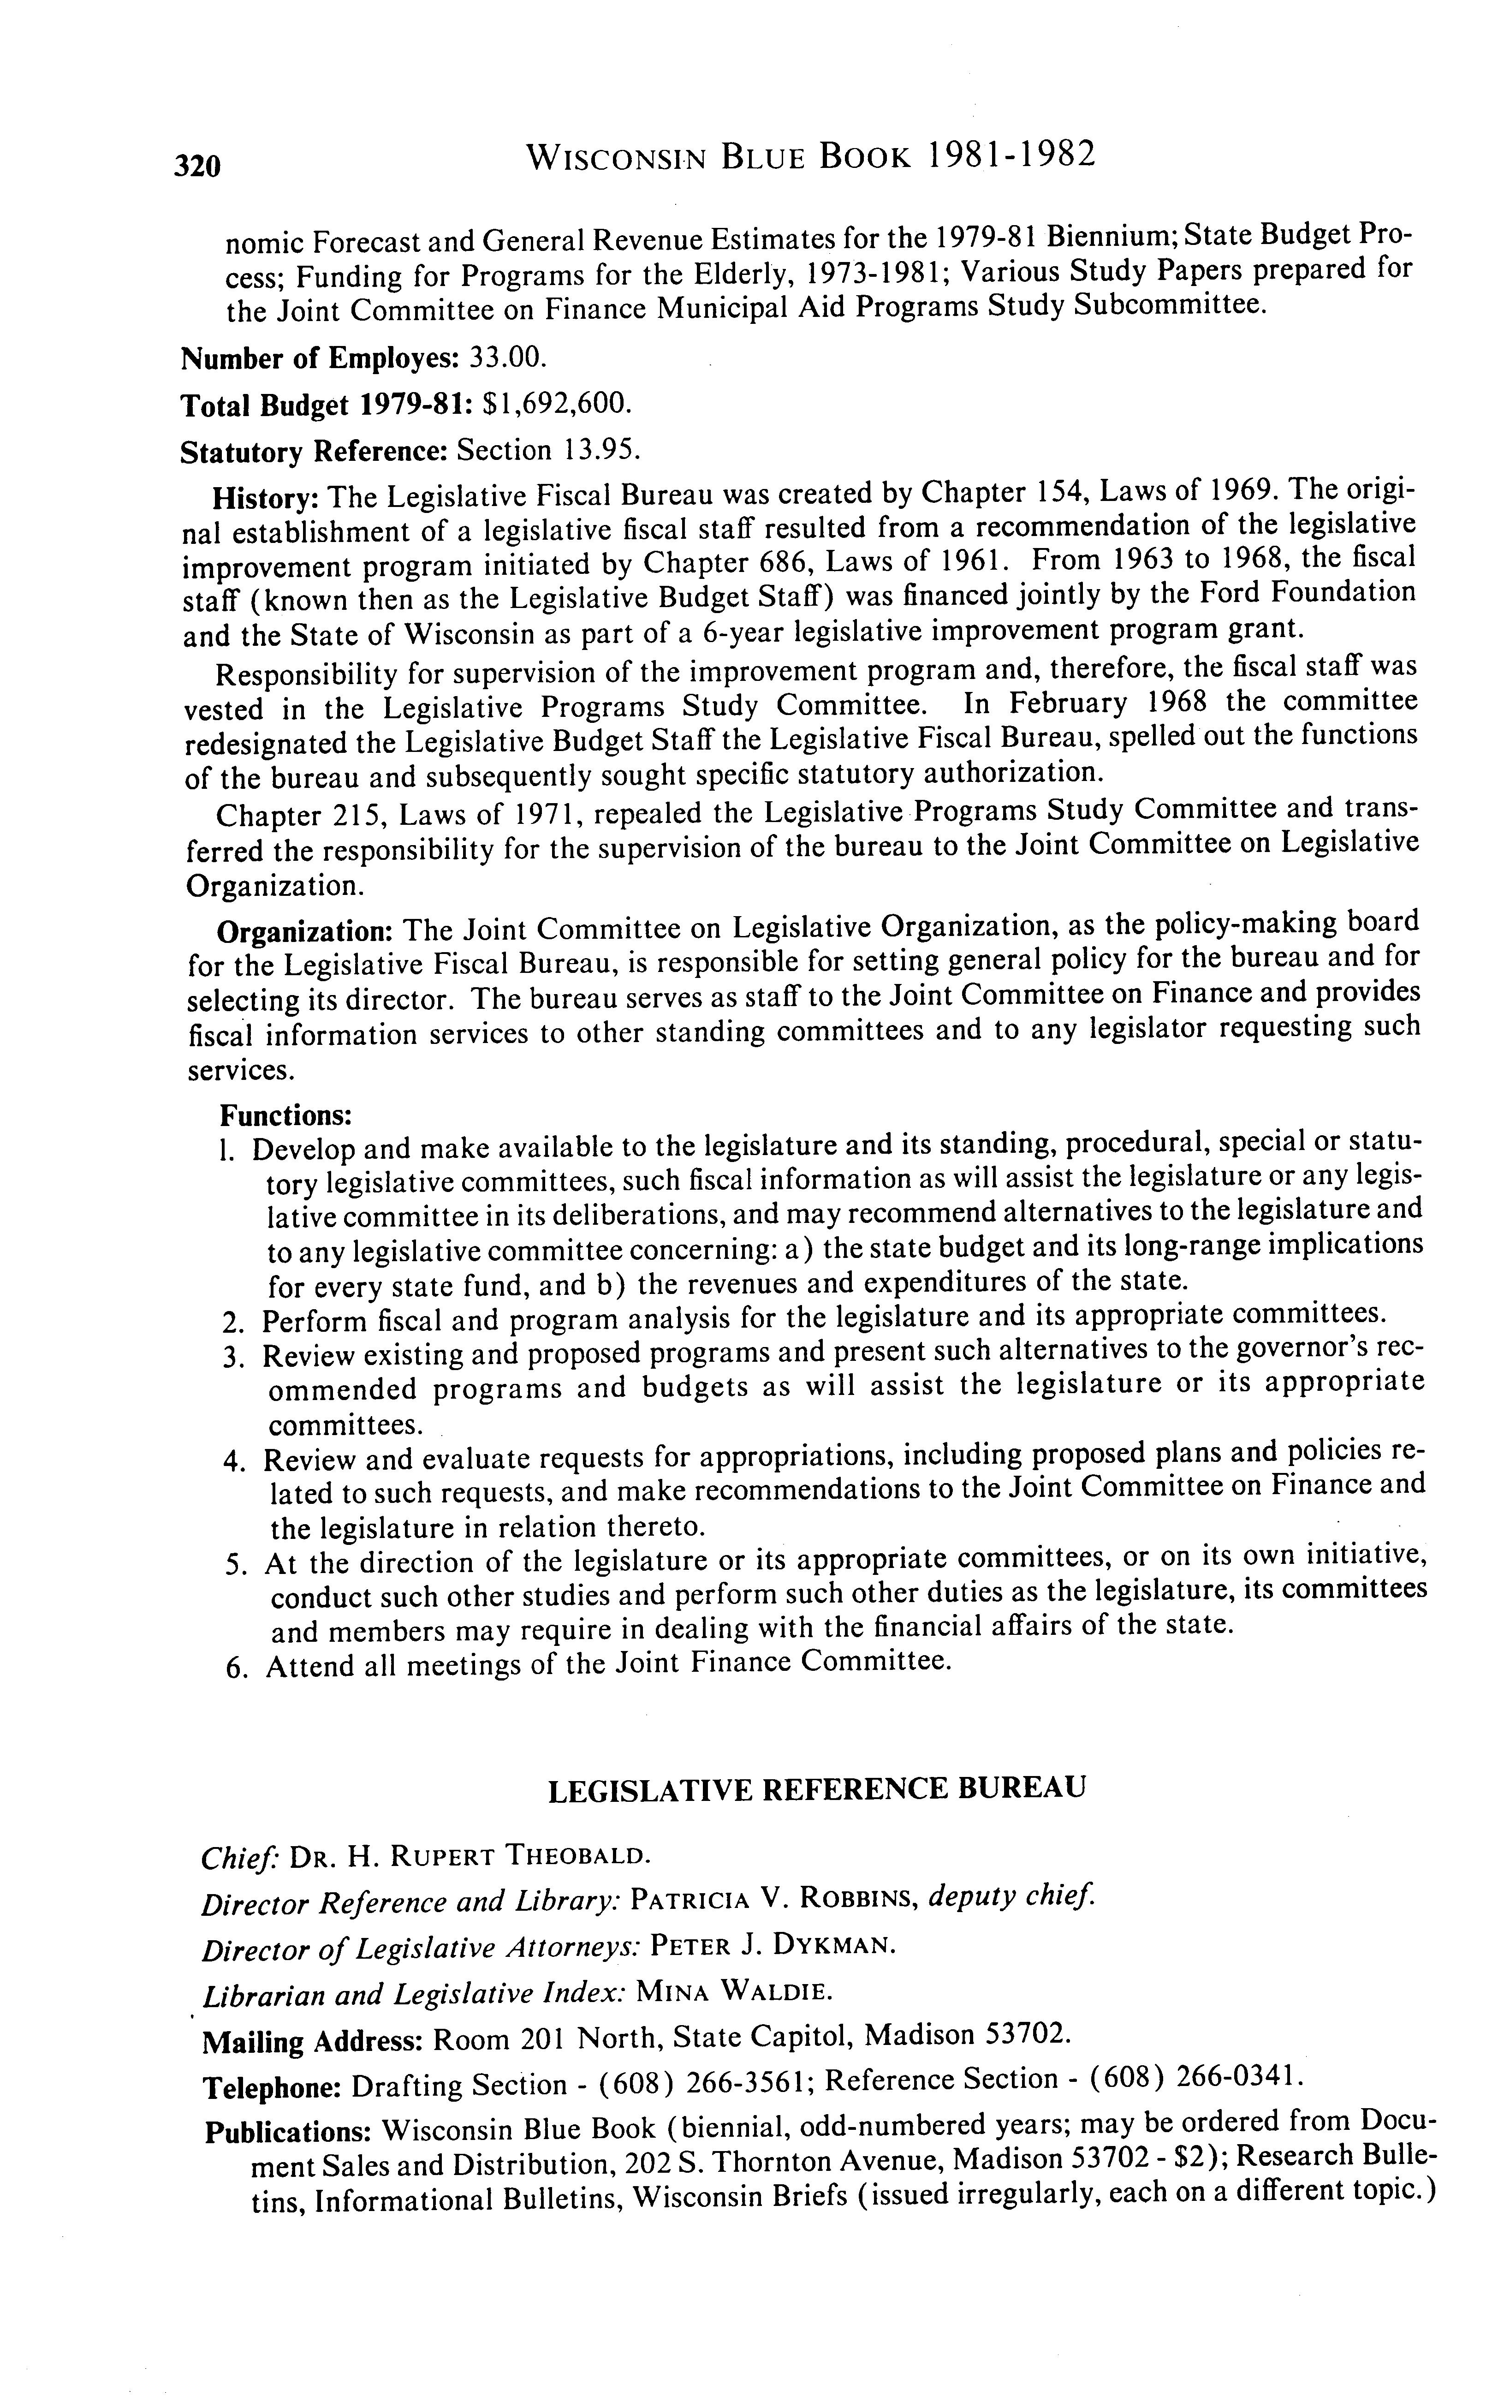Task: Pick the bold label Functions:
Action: click(285, 1116)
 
